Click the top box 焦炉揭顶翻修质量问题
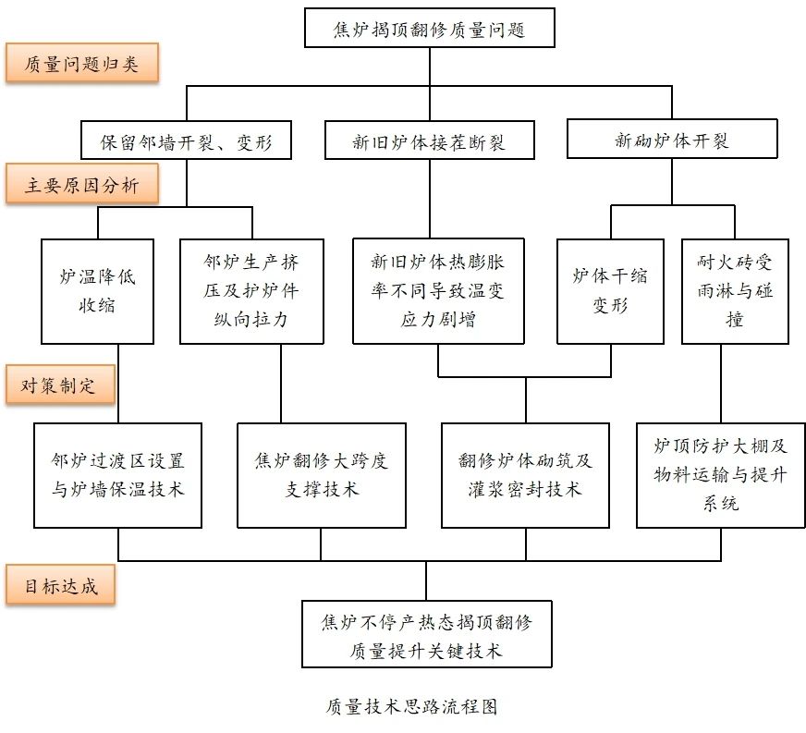tap(430, 29)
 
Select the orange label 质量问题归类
tap(80, 64)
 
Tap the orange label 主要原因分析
tap(80, 186)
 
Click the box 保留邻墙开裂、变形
tap(187, 141)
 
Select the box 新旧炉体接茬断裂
tap(430, 142)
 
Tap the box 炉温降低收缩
tap(96, 291)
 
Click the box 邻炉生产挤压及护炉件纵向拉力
tap(251, 291)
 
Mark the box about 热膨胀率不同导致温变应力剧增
tap(438, 291)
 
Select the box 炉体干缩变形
tap(609, 291)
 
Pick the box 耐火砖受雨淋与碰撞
tap(735, 291)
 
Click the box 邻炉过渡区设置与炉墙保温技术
tap(118, 475)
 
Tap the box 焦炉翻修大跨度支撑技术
tap(321, 475)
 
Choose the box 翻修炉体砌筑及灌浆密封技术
tap(525, 475)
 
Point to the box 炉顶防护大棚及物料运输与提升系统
tap(721, 475)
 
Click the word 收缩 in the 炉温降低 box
tap(96, 306)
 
